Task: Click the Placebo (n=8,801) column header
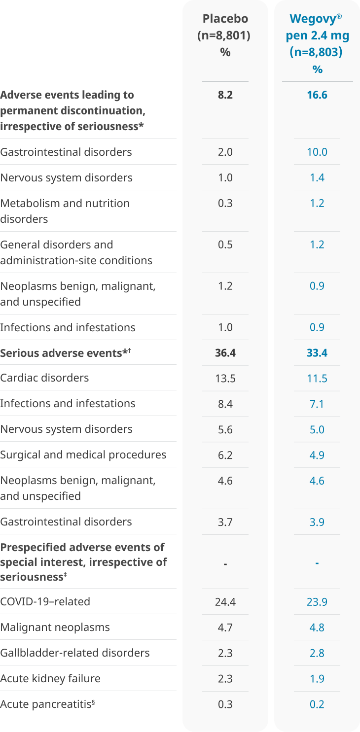point(225,35)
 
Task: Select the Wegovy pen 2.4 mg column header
point(317,44)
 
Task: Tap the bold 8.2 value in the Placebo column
point(225,95)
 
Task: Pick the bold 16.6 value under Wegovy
point(317,95)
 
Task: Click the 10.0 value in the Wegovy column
point(317,152)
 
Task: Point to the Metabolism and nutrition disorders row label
point(65,211)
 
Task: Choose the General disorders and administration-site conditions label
point(76,252)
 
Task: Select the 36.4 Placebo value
point(225,353)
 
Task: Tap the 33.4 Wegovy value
point(317,353)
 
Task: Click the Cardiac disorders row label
point(44,378)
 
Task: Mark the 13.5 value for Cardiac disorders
point(225,379)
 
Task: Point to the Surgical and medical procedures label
point(83,455)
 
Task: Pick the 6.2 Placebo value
point(225,455)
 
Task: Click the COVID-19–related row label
point(45,602)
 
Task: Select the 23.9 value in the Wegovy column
point(317,602)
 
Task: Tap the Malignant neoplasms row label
point(55,627)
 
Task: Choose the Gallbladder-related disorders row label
point(74,653)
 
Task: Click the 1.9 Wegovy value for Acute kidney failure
point(317,679)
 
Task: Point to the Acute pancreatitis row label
point(47,704)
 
